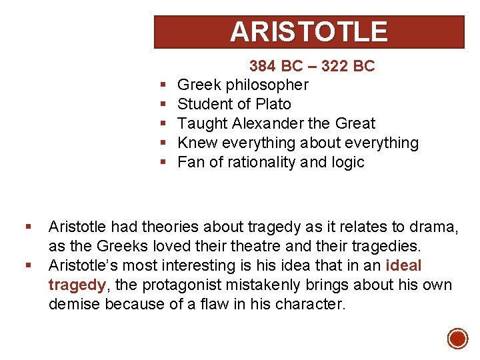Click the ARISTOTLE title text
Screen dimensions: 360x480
(x=309, y=32)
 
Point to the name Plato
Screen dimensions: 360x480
(x=274, y=105)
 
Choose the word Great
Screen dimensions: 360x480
(x=355, y=124)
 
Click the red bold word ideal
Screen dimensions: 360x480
(x=404, y=265)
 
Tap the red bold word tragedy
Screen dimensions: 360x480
(x=77, y=285)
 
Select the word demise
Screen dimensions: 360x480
(x=73, y=305)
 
